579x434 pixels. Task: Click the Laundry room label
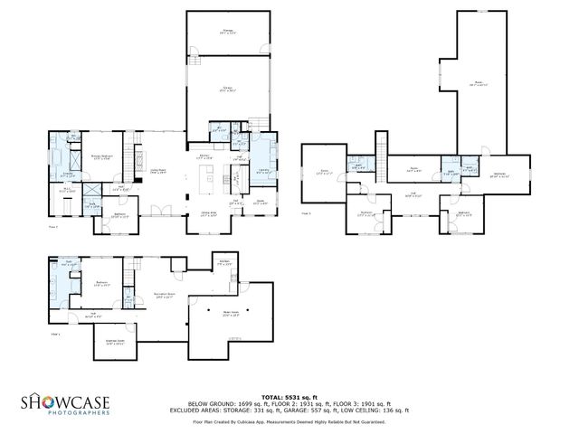[262, 169]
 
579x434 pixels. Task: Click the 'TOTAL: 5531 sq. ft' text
[289, 397]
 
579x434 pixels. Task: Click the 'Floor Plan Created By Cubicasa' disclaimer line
[289, 421]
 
